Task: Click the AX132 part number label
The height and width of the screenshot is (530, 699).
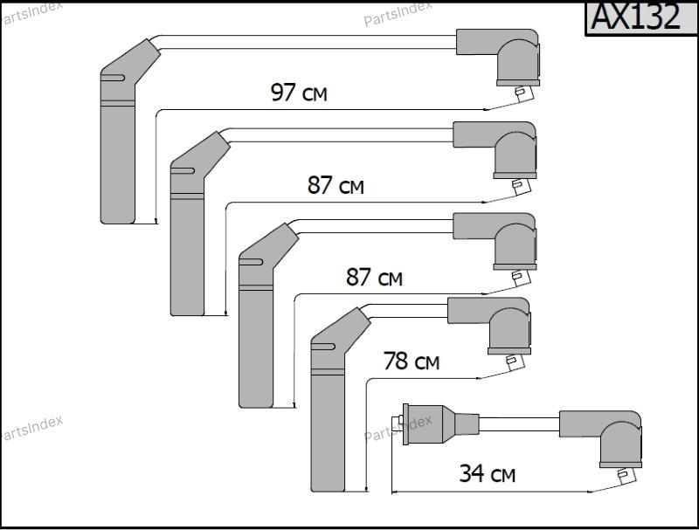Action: pos(635,17)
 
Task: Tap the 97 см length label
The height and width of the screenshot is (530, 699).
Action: pos(299,93)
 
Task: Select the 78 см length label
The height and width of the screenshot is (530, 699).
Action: pos(412,361)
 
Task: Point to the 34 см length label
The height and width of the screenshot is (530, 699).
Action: pos(488,473)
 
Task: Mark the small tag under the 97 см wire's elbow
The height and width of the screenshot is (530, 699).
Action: pos(523,93)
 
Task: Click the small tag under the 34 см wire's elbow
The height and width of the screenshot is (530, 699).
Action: pos(626,476)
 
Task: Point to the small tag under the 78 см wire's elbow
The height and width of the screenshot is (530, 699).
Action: pos(516,362)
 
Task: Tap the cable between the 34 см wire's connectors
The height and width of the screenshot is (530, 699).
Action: pos(519,424)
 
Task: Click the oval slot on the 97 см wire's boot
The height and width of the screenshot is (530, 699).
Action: pos(113,78)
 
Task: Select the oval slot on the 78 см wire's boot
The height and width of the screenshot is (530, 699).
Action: pos(323,347)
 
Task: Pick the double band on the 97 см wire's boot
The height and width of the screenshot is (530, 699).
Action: pos(118,103)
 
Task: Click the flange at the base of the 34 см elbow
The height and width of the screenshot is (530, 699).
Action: pos(620,465)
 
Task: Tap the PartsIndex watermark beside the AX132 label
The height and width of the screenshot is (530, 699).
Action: pos(398,14)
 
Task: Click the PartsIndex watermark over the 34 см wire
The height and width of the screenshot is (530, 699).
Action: pos(398,428)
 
